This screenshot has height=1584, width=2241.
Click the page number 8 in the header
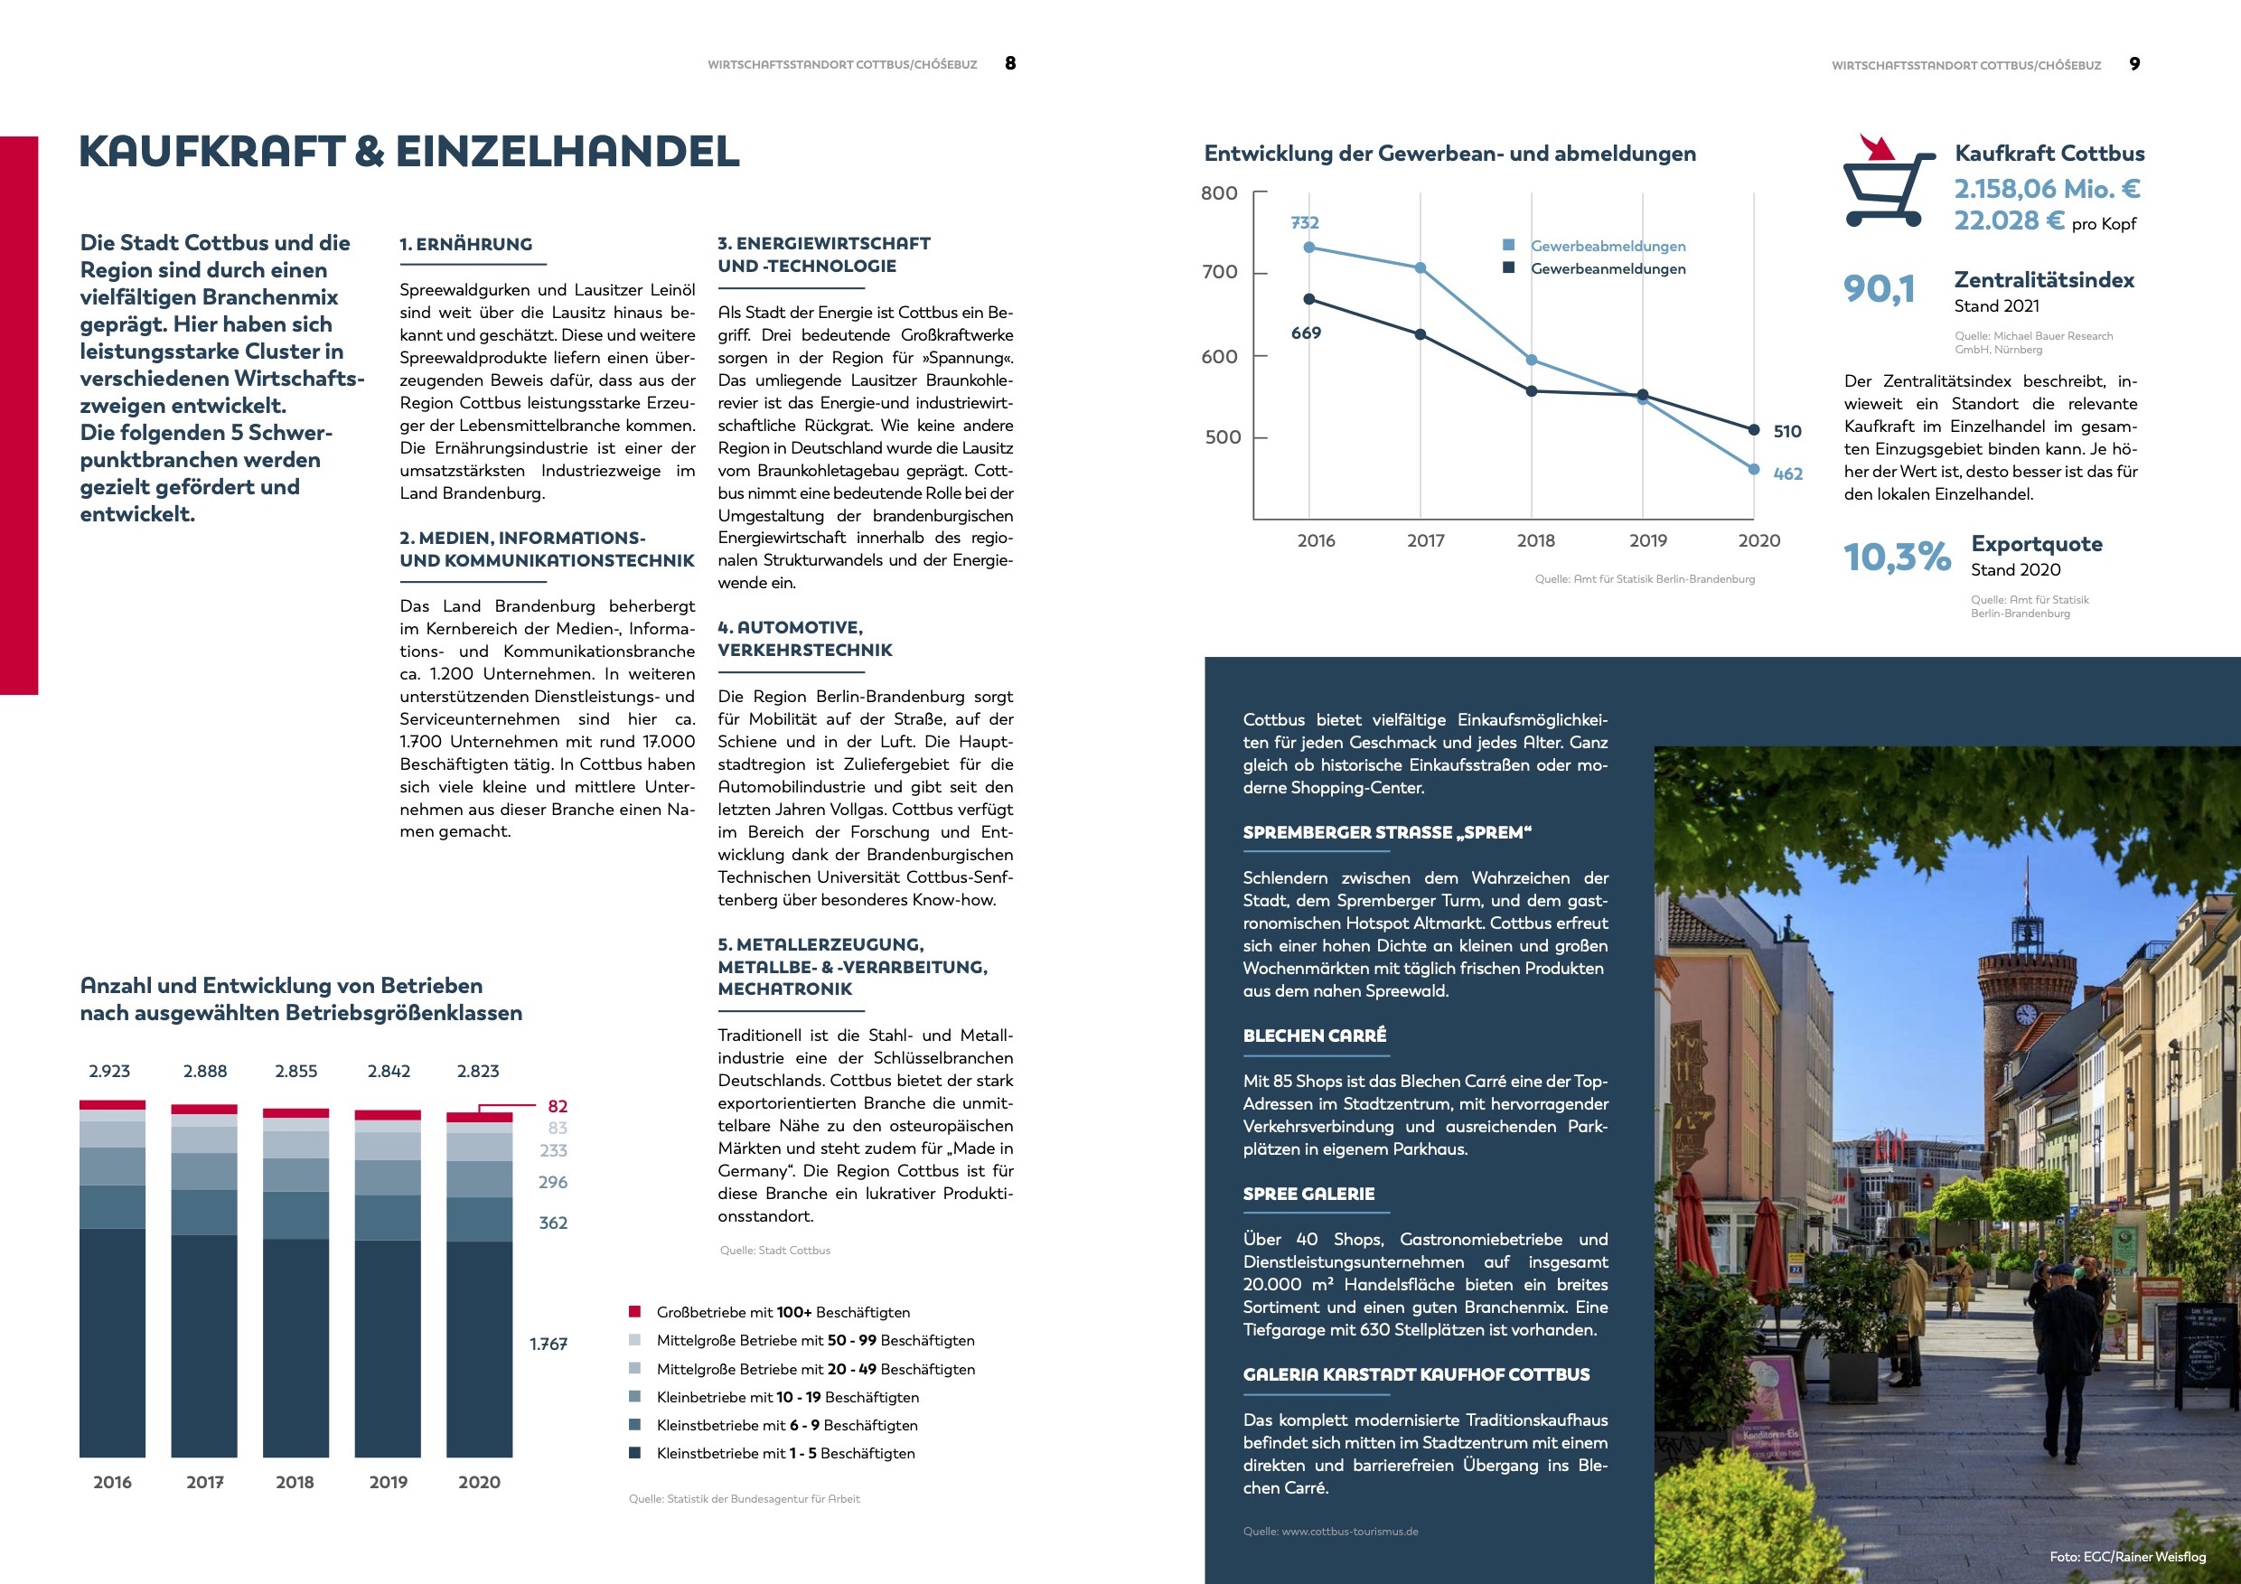point(1010,63)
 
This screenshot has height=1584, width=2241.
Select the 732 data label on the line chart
point(1304,222)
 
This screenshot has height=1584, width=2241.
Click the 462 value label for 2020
point(1787,474)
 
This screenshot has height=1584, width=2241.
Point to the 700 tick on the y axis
point(1219,272)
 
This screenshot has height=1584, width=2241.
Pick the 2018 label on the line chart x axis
point(1535,540)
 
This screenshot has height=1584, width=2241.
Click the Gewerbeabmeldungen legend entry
point(1608,246)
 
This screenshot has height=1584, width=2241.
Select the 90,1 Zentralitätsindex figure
point(1878,289)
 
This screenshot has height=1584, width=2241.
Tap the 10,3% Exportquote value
point(1896,558)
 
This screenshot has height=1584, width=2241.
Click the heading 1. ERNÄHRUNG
point(465,244)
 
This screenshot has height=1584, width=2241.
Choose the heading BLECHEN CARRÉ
point(1314,1036)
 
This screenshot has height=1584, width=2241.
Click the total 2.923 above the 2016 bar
point(109,1072)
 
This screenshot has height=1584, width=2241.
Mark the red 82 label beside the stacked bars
point(558,1106)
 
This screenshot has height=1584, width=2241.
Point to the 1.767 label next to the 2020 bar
point(549,1344)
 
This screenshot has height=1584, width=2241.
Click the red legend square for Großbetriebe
point(634,1312)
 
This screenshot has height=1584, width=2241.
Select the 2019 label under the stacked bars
point(388,1482)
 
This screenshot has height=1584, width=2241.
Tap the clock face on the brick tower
point(2026,1015)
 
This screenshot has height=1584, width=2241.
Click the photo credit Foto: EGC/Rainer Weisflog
point(2127,1557)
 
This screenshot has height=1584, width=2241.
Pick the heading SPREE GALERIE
point(1308,1194)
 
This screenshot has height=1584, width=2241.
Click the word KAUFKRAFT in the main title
point(211,152)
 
